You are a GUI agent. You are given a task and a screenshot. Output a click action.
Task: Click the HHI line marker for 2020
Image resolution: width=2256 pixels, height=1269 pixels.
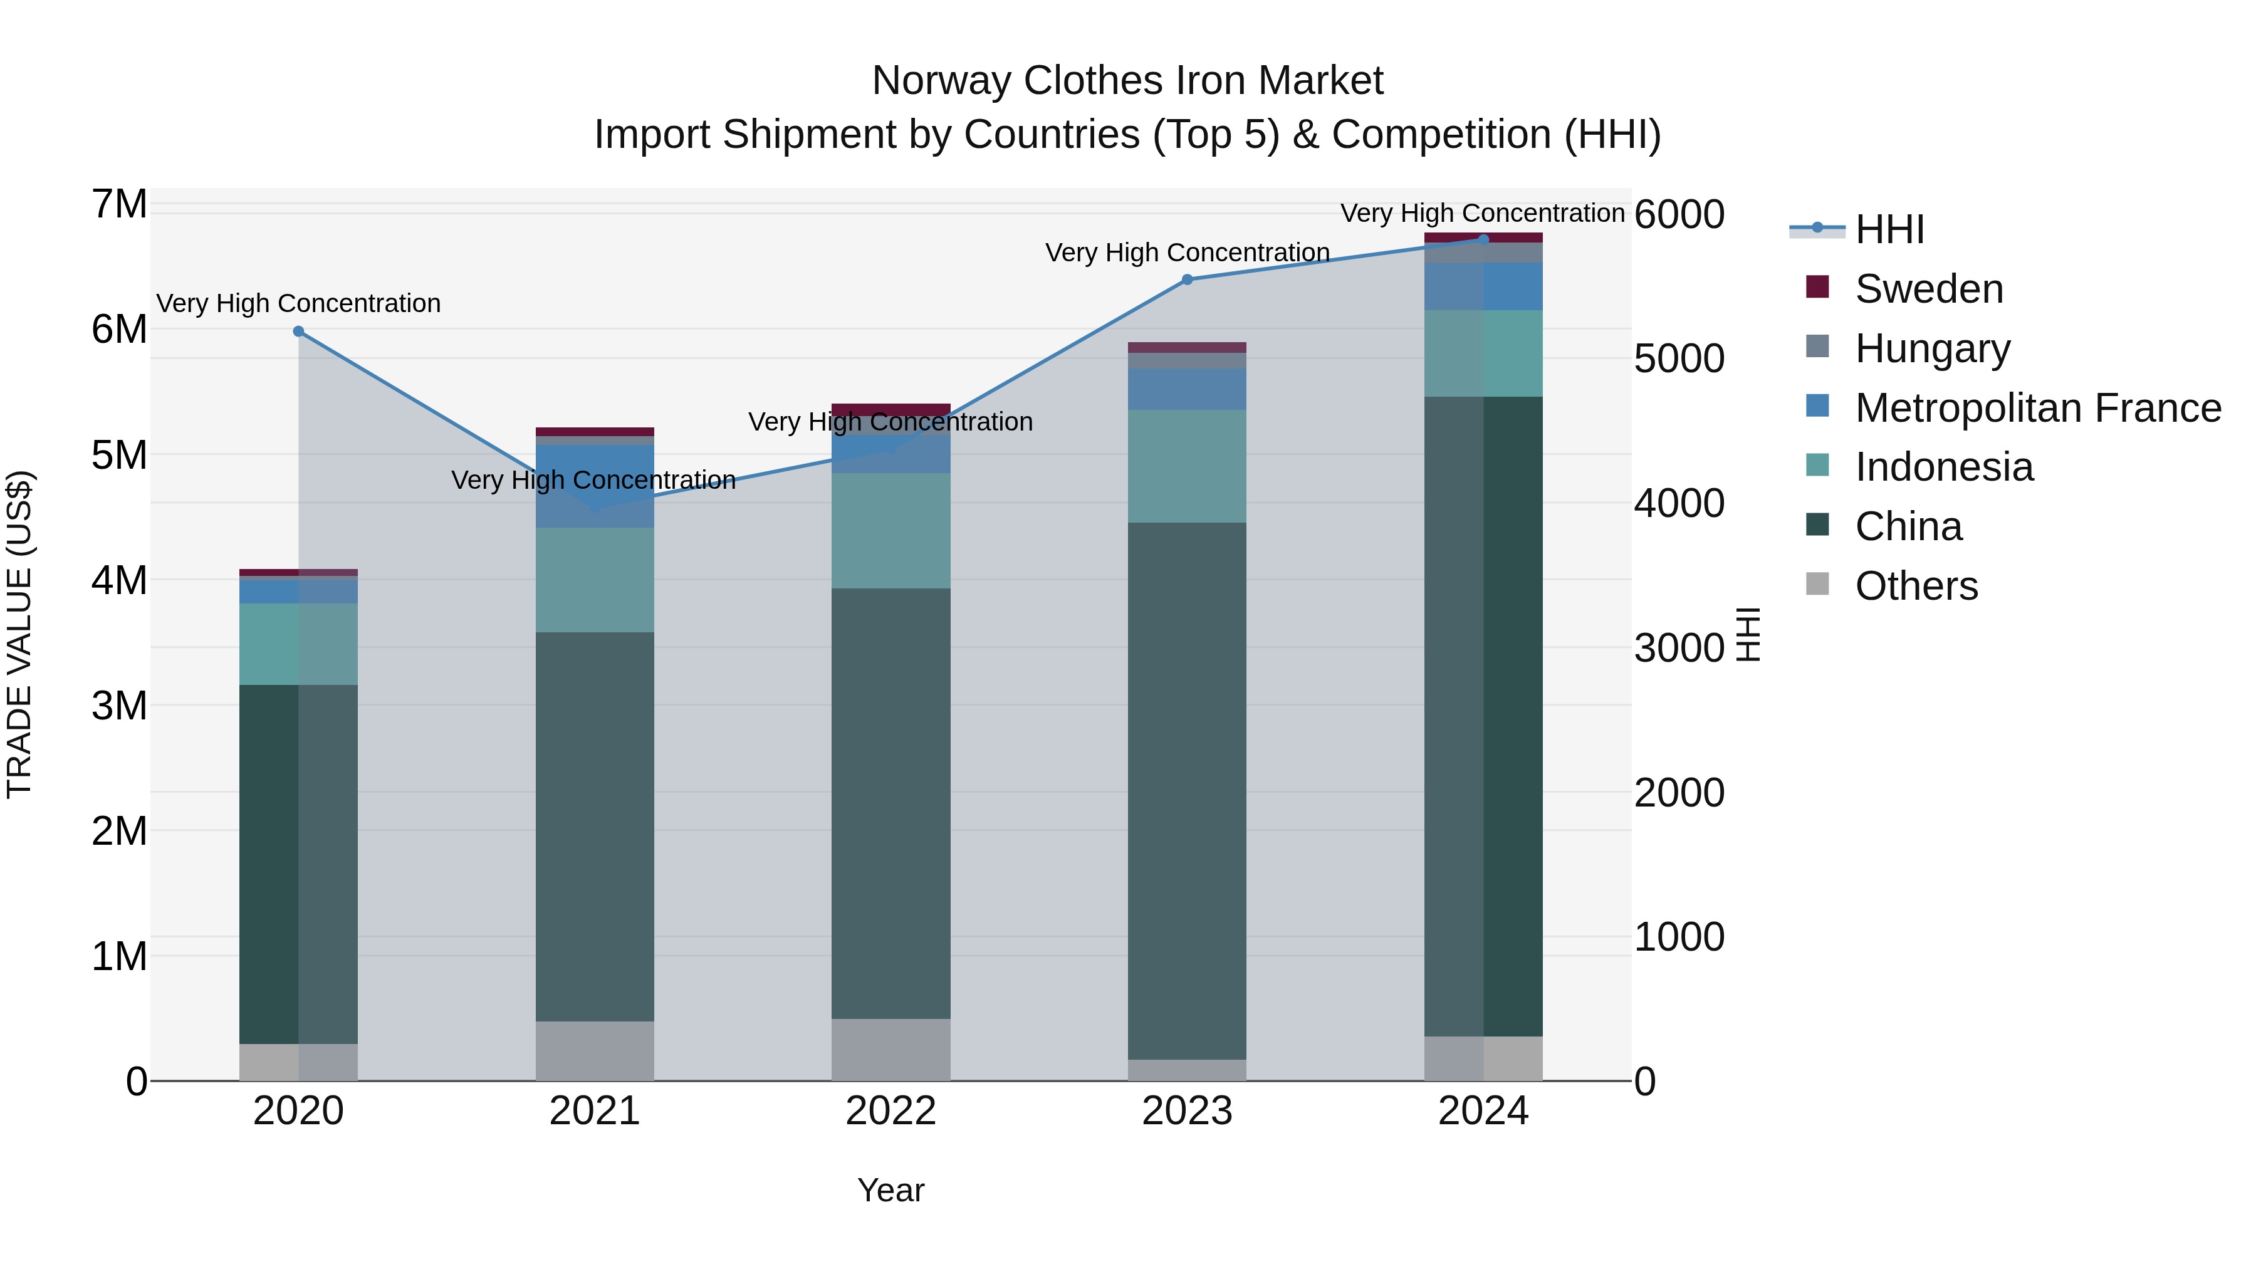tap(299, 331)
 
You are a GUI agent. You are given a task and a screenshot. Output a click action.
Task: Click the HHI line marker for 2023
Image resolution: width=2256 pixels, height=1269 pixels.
tap(1187, 279)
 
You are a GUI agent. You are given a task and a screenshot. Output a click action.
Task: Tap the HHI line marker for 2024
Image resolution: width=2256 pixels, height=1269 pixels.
tap(1483, 239)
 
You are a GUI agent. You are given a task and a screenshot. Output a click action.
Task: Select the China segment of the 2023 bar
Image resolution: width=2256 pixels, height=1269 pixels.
tap(1187, 788)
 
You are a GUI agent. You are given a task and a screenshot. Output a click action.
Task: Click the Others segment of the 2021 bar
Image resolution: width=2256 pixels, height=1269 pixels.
tap(595, 1050)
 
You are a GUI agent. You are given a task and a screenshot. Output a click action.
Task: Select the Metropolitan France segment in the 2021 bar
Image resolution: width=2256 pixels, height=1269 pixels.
tap(595, 486)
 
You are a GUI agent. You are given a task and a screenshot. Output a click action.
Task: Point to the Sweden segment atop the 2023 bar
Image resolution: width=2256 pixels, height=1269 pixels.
tap(1187, 348)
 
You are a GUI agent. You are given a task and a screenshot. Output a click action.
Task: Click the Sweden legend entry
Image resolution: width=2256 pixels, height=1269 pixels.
tap(1928, 289)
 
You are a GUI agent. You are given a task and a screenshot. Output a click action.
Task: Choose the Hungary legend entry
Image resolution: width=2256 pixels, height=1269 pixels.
tap(1931, 348)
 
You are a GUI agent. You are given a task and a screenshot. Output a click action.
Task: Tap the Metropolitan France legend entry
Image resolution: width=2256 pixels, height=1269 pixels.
tap(2036, 408)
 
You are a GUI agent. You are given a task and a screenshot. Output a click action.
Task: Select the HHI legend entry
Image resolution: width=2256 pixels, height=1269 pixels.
tap(1888, 229)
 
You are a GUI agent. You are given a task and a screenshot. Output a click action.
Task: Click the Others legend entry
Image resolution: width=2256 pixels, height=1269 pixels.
tap(1915, 586)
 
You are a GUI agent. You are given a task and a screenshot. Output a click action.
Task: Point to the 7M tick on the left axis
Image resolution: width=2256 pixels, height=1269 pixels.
tap(119, 204)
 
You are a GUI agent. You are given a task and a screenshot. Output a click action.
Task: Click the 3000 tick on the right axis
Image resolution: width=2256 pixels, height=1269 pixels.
tap(1678, 648)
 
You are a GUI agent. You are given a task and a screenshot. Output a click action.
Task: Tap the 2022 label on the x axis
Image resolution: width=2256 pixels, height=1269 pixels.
tap(890, 1111)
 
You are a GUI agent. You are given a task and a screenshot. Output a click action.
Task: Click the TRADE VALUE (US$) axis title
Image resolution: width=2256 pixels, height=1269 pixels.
tap(19, 634)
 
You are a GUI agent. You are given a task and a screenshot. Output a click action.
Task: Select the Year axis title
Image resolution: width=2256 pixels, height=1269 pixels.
tap(890, 1190)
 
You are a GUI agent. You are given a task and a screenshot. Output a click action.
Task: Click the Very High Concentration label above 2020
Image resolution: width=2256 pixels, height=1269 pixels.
tap(299, 303)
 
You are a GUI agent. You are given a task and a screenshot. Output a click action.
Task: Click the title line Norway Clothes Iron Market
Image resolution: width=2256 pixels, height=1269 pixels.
tap(1127, 81)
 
